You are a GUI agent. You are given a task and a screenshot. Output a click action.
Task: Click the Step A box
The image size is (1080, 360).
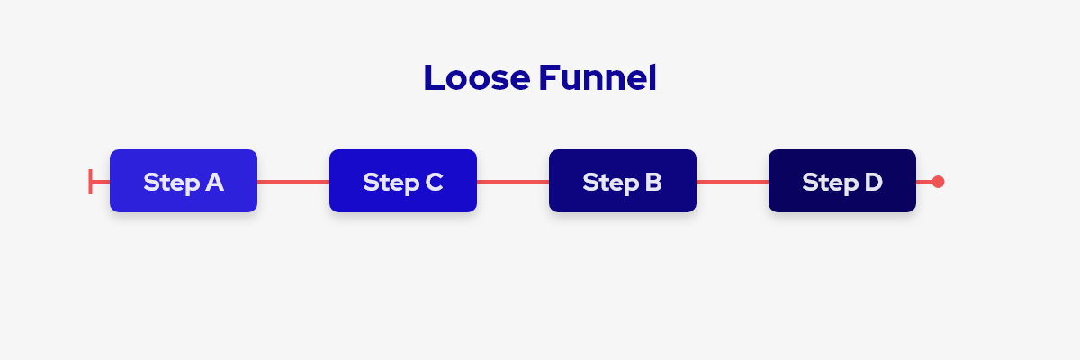click(184, 181)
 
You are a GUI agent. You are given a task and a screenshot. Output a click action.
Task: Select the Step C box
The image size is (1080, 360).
click(403, 181)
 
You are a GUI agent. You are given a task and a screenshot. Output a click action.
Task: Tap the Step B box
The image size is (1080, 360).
click(623, 181)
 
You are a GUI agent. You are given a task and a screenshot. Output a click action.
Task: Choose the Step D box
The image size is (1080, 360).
click(842, 181)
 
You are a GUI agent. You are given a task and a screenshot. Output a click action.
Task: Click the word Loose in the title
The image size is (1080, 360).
click(477, 77)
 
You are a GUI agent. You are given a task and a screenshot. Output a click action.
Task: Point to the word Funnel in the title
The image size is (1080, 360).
click(598, 77)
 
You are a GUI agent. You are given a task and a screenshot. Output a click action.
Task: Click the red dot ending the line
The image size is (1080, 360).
click(938, 182)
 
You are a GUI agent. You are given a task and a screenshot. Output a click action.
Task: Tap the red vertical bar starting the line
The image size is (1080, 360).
click(90, 182)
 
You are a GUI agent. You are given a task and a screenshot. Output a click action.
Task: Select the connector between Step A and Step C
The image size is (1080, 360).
click(293, 182)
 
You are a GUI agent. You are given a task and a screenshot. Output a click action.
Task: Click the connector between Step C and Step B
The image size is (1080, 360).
click(513, 182)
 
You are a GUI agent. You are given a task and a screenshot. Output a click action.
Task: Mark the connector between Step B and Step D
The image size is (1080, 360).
click(733, 182)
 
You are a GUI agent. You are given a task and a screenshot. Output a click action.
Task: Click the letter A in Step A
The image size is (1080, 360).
click(214, 182)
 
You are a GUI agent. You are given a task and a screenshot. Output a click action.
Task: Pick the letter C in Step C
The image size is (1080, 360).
click(434, 182)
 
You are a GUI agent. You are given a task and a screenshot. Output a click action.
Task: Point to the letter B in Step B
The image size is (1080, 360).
click(652, 182)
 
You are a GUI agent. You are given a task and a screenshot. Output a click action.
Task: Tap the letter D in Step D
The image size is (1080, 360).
click(873, 182)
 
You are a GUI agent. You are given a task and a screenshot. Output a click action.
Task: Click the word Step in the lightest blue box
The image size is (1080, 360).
click(172, 183)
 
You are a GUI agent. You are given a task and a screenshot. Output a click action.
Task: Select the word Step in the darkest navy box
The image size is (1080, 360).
click(831, 183)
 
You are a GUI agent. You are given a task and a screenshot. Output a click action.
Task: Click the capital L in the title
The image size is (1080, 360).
click(434, 78)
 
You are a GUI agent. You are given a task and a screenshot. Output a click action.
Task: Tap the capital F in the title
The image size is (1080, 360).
click(549, 78)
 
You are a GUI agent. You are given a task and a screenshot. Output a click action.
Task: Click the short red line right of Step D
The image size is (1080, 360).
click(924, 182)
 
